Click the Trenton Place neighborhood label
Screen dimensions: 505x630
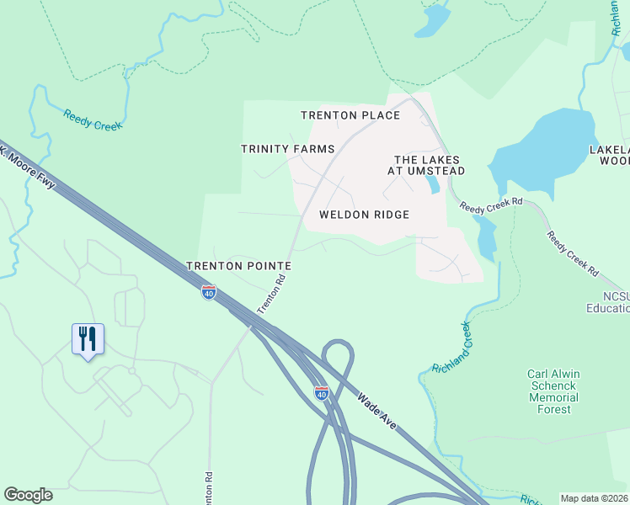(351, 115)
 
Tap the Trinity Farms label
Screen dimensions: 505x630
(288, 149)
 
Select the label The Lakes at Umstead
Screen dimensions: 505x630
(430, 165)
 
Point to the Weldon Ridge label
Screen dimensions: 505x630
(364, 215)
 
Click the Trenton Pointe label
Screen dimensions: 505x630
(238, 265)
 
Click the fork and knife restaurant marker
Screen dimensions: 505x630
(88, 340)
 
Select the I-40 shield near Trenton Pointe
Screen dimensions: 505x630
(209, 292)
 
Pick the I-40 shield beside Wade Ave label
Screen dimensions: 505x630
(322, 393)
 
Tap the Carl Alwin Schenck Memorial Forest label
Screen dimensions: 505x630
(553, 391)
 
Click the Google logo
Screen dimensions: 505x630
(28, 495)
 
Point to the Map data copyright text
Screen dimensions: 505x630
(595, 498)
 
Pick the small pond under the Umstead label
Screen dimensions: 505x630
(432, 183)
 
